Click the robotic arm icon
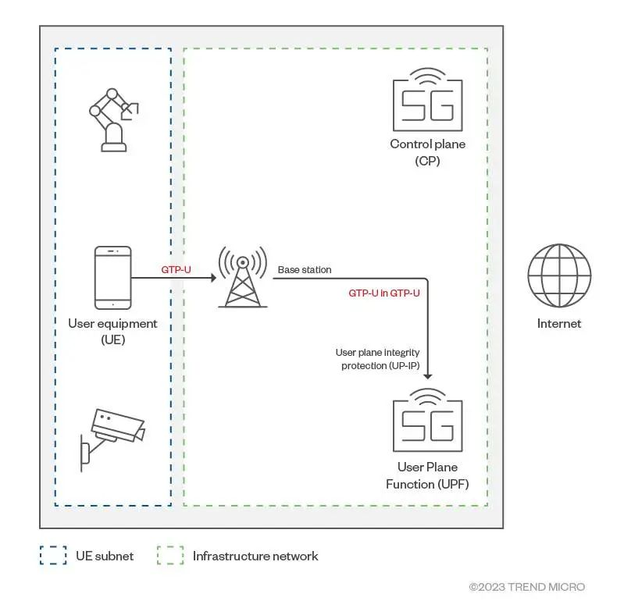coord(112,119)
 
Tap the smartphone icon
coord(112,278)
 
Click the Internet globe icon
coord(558,277)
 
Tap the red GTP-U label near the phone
coord(177,269)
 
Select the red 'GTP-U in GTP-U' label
coord(384,293)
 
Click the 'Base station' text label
coord(305,270)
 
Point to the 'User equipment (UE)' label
coord(112,331)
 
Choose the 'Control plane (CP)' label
coord(427,152)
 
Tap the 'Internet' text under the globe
coord(558,323)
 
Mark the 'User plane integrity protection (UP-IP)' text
coord(377,360)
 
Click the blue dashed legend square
coord(53,556)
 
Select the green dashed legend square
coord(170,556)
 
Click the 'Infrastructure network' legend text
coord(255,556)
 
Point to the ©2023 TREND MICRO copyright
coord(526,587)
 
